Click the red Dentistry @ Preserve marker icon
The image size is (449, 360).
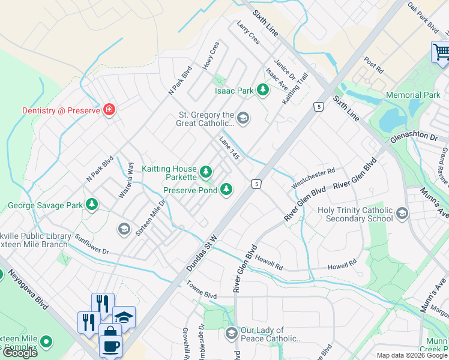[109, 109]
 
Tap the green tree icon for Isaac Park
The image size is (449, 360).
[262, 91]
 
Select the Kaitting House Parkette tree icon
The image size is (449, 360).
[206, 173]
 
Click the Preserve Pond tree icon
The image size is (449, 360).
[226, 190]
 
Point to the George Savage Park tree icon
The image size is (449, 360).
[91, 205]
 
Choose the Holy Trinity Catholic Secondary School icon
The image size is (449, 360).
[402, 213]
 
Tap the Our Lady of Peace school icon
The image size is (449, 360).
[231, 333]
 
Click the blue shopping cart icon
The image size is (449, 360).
[441, 52]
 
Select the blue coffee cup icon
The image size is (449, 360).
[111, 346]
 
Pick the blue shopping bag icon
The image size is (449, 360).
[109, 332]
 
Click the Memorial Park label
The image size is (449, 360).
[413, 95]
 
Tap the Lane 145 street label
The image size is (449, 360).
[230, 148]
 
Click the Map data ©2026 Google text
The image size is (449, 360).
[411, 356]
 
